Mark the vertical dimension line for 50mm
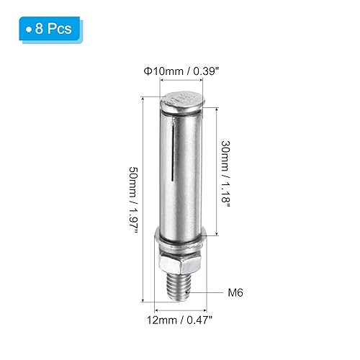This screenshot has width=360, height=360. coord(146,194)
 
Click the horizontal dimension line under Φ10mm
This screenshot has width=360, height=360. coord(179,83)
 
